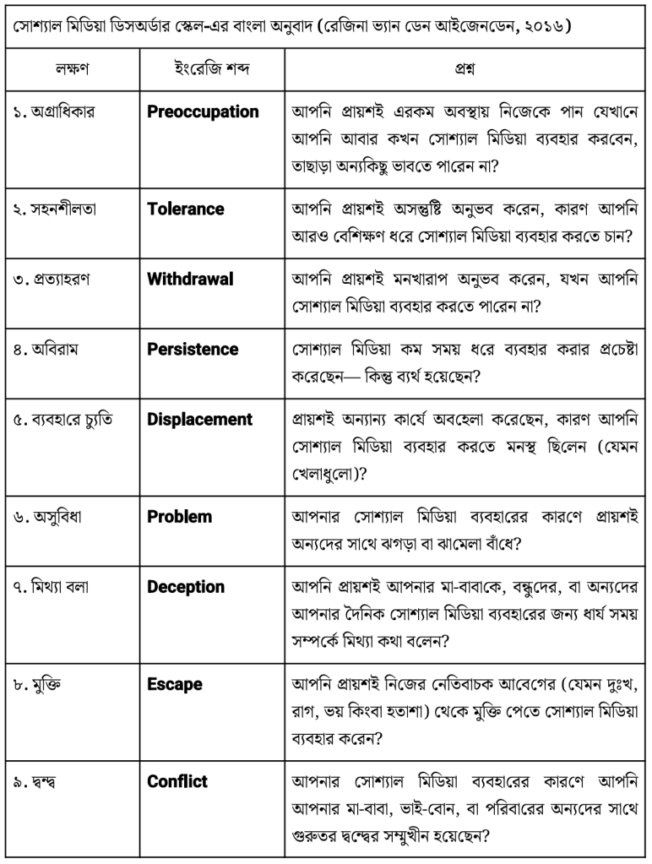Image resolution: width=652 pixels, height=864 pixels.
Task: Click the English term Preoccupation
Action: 203,111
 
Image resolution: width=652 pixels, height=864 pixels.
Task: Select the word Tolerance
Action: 185,209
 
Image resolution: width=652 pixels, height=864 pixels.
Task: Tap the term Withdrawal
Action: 190,279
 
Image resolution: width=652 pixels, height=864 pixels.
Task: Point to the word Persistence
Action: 193,349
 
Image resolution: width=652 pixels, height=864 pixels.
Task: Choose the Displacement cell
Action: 199,419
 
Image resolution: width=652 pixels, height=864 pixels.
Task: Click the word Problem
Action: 179,516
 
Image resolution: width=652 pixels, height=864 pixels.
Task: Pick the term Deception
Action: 186,586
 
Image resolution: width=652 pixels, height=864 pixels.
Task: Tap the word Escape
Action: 175,683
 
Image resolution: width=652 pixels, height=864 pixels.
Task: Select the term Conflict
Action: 177,780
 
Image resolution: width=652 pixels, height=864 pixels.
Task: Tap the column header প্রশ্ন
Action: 465,63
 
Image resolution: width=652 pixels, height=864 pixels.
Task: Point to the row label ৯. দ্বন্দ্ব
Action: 38,781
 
